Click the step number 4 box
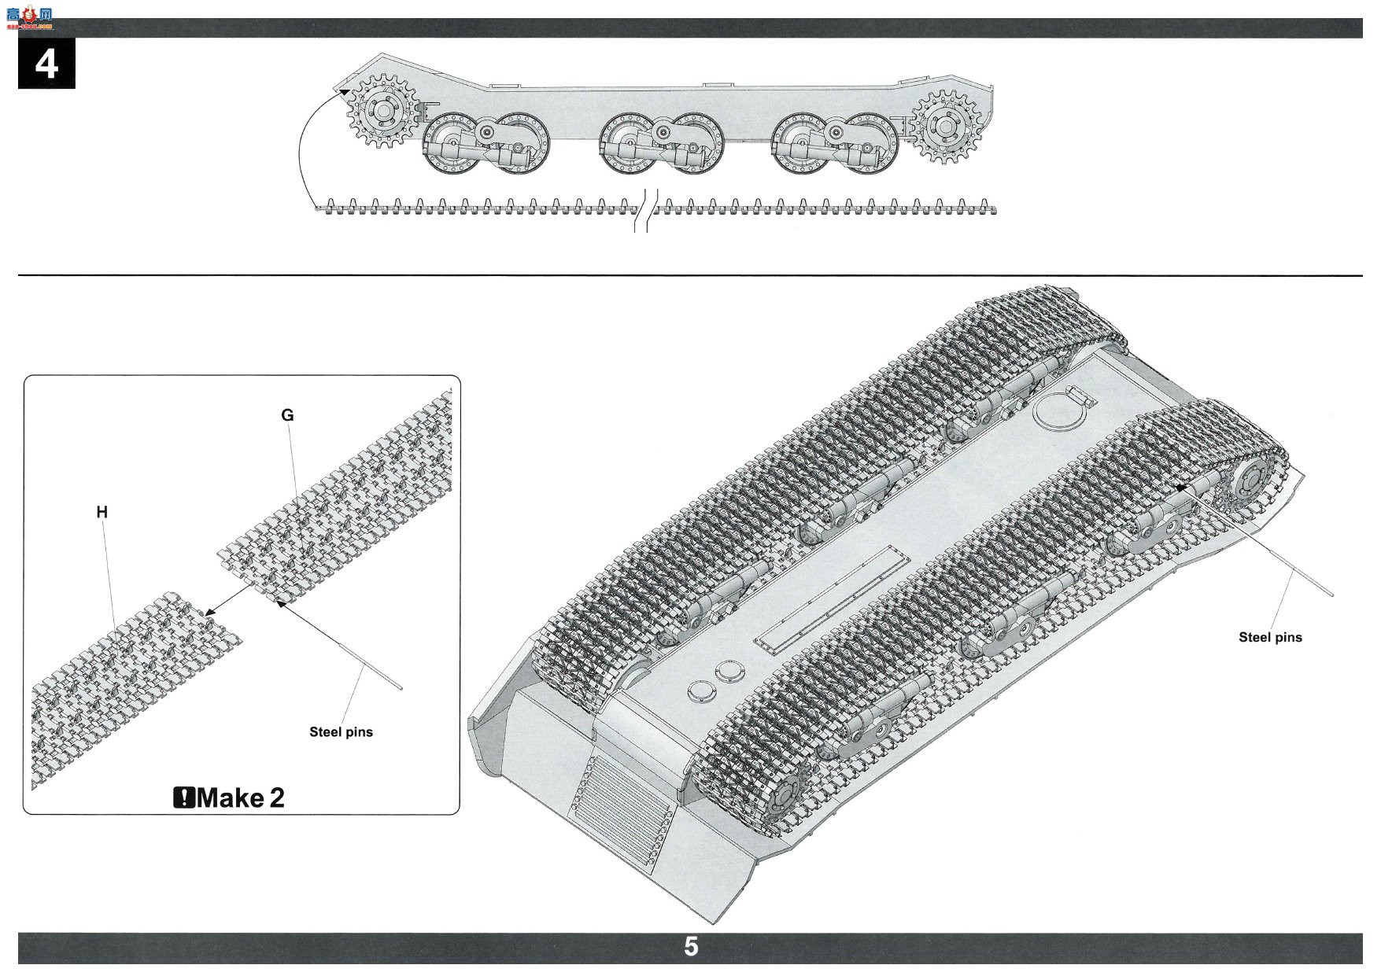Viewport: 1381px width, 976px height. click(x=46, y=63)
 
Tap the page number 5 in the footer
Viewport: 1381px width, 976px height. click(x=691, y=946)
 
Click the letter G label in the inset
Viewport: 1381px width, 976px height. click(x=287, y=415)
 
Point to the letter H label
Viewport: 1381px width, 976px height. click(x=102, y=513)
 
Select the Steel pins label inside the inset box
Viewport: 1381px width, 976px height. click(x=341, y=732)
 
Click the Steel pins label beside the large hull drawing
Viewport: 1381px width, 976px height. click(x=1270, y=638)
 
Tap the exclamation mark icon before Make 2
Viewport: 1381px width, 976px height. click(x=184, y=798)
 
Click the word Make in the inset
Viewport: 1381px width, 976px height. click(x=231, y=798)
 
